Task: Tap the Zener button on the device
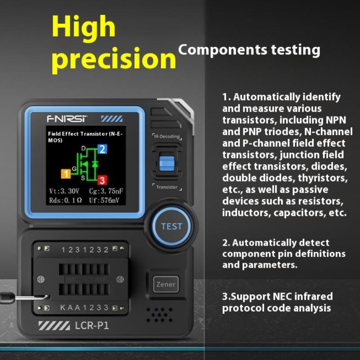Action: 166,284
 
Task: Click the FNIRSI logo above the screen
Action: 67,119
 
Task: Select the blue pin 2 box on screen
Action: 103,149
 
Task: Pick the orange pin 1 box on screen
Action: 66,174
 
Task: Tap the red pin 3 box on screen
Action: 102,180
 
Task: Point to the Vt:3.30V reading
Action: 64,191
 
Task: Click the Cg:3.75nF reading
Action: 106,191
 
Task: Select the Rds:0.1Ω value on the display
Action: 65,200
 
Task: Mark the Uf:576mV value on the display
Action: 104,200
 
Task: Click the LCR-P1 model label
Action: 92,325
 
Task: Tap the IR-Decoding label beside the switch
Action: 167,136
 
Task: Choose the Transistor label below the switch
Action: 167,187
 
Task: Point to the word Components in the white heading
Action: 223,50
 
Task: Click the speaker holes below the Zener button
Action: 159,315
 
